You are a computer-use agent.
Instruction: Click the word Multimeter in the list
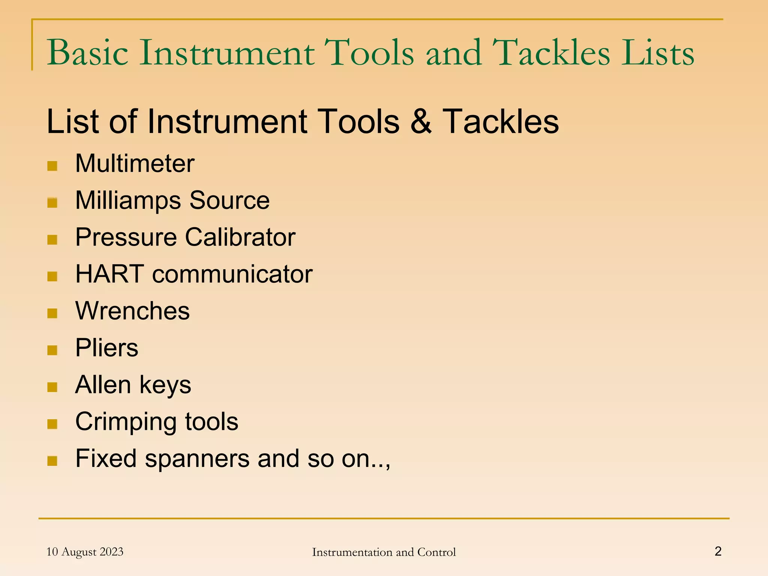click(x=135, y=164)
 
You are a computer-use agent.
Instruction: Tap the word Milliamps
click(x=128, y=201)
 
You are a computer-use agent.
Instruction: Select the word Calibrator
click(x=240, y=237)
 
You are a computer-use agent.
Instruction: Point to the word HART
click(x=109, y=274)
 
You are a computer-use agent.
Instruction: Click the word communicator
click(x=232, y=274)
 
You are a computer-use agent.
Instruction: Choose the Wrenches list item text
click(x=132, y=311)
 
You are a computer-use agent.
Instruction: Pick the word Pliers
click(x=106, y=348)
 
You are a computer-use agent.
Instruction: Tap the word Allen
click(x=103, y=385)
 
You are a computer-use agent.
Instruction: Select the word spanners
click(x=197, y=459)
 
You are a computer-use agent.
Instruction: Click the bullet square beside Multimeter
click(x=52, y=166)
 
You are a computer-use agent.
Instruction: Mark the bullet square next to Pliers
click(x=52, y=350)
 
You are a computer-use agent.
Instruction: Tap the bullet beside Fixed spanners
click(x=52, y=461)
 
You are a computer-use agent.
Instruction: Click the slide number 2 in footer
click(x=718, y=551)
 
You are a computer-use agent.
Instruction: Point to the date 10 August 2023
click(x=85, y=552)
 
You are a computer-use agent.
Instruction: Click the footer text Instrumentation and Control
click(x=384, y=552)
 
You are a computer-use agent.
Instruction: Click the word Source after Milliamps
click(x=229, y=201)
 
